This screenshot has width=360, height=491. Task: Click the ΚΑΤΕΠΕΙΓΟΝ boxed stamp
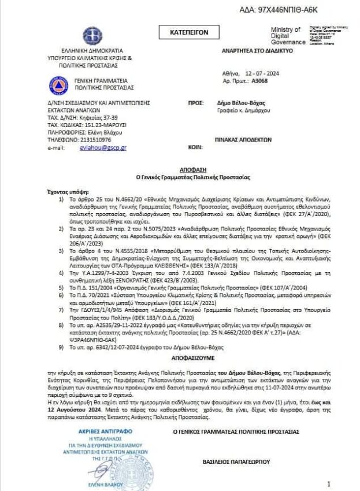pyautogui.click(x=188, y=33)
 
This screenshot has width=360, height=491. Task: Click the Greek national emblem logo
pyautogui.click(x=92, y=36)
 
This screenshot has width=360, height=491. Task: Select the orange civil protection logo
pyautogui.click(x=57, y=85)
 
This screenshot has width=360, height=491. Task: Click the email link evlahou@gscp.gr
pyautogui.click(x=103, y=147)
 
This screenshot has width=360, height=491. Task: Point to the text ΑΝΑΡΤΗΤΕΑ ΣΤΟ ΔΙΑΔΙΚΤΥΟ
pyautogui.click(x=257, y=51)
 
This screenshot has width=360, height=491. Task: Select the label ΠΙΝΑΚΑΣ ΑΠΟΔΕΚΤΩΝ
pyautogui.click(x=243, y=139)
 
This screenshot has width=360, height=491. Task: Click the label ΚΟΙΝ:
pyautogui.click(x=194, y=147)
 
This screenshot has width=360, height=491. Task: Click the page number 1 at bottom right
pyautogui.click(x=329, y=483)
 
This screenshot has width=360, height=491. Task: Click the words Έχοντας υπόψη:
pyautogui.click(x=64, y=189)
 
